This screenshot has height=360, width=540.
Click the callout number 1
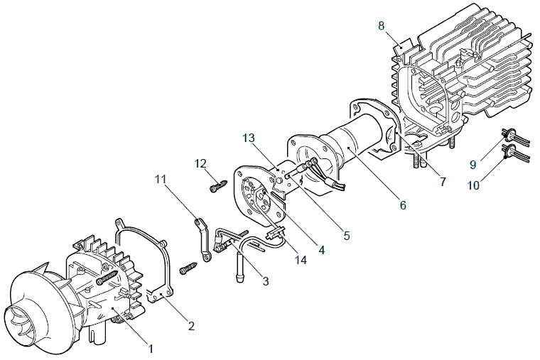click(x=150, y=349)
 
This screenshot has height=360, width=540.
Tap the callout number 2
click(x=191, y=326)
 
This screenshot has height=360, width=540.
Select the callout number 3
click(x=266, y=281)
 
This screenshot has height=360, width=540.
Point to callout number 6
click(x=403, y=205)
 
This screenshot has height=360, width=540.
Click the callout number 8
click(x=382, y=26)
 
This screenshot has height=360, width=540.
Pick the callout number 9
click(x=472, y=165)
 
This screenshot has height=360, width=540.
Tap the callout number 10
click(x=473, y=185)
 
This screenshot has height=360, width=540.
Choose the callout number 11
click(x=160, y=179)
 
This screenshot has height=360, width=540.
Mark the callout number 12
click(x=200, y=163)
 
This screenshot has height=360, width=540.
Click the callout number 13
click(x=248, y=138)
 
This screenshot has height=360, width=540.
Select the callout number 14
click(x=301, y=260)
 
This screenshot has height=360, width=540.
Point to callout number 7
click(x=443, y=181)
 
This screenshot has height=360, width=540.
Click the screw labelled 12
click(x=218, y=185)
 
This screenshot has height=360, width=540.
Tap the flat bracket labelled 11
click(x=202, y=240)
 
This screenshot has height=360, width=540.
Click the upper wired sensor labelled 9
click(x=509, y=135)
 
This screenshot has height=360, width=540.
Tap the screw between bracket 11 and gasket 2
click(x=188, y=268)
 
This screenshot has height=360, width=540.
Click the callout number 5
click(x=347, y=236)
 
